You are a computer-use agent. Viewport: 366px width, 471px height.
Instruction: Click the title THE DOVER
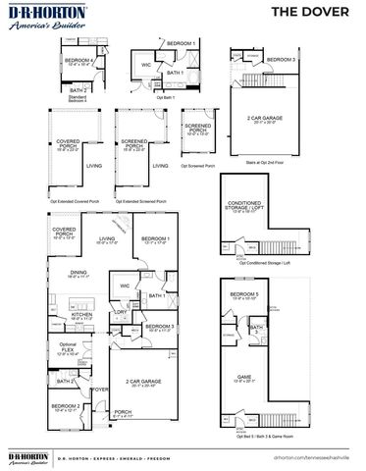click(318, 12)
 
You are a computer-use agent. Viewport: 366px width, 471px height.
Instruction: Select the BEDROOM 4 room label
click(81, 62)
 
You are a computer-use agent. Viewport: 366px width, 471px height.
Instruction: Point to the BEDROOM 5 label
click(243, 296)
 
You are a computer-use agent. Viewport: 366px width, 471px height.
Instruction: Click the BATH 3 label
click(257, 330)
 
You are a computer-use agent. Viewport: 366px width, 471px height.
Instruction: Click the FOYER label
click(99, 390)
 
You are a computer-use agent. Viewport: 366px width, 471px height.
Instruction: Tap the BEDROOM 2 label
click(66, 406)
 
